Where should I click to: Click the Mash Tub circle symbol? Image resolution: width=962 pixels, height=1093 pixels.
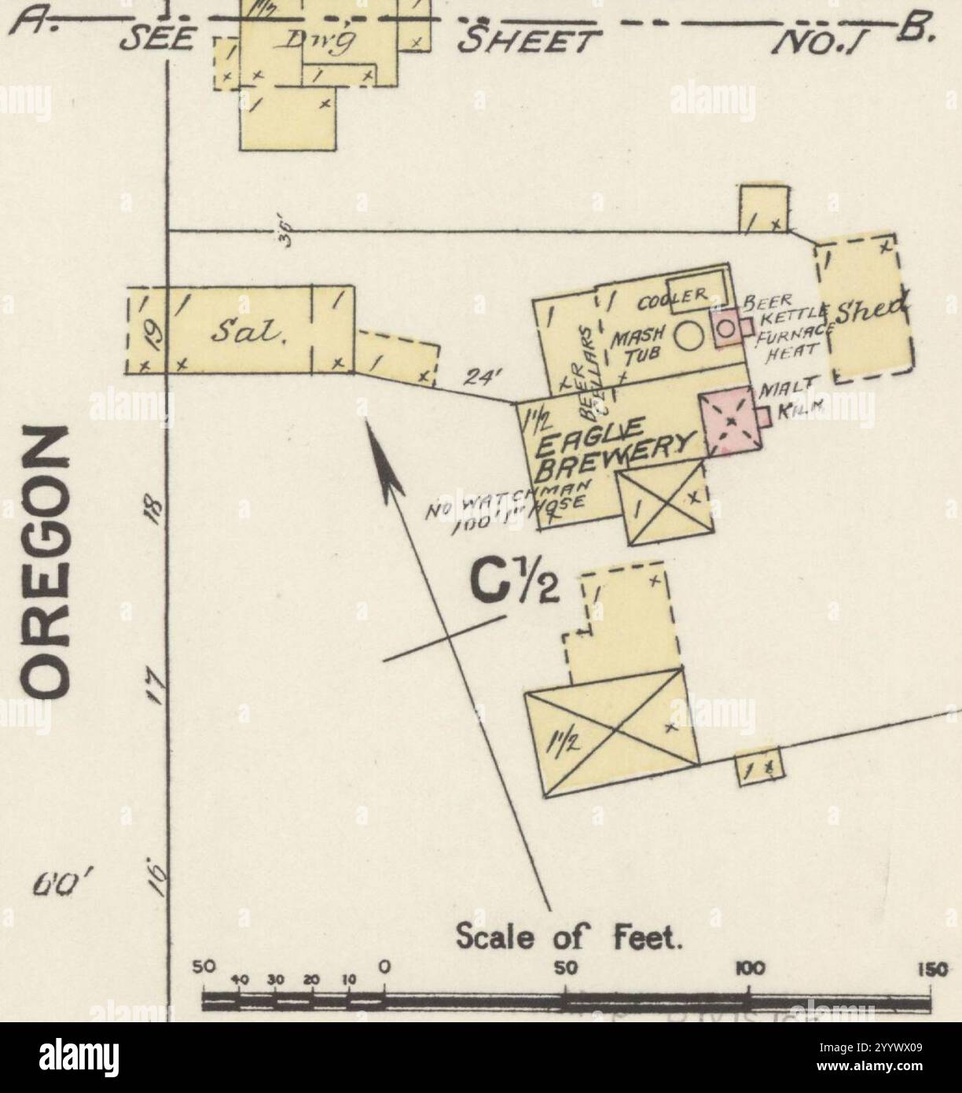tap(689, 337)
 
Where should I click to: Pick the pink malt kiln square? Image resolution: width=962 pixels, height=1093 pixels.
tap(729, 421)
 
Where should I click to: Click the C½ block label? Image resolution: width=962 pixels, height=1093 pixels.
tap(515, 582)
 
